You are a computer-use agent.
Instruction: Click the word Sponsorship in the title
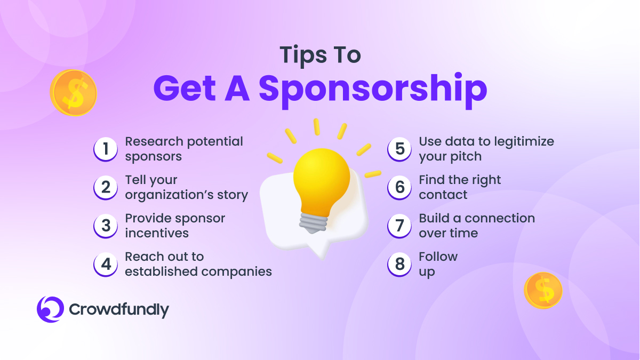pos(373,91)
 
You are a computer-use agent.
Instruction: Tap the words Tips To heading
pos(321,55)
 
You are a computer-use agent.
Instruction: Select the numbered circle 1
pos(106,149)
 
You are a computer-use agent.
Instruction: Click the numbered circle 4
pos(106,265)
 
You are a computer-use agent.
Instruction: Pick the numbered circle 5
pos(399,149)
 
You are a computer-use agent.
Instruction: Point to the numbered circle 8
pos(399,265)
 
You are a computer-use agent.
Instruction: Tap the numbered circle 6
pos(399,187)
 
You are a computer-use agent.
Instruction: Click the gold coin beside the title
pos(74,93)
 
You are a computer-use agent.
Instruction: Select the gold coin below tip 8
pos(543,290)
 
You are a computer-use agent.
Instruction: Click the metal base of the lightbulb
pos(314,223)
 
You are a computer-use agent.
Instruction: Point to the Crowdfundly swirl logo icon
pos(50,309)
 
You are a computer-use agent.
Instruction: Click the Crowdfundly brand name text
pos(119,310)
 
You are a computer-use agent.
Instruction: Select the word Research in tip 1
pos(154,141)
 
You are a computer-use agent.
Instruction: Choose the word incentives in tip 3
pos(157,233)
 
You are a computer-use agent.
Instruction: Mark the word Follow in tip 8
pos(438,257)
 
